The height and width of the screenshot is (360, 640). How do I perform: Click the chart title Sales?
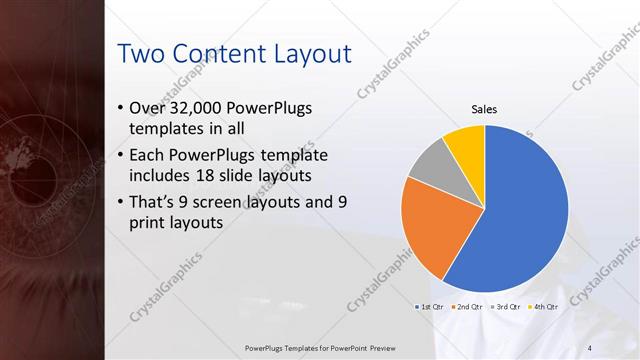pyautogui.click(x=485, y=109)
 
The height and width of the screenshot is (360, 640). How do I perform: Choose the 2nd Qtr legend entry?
pyautogui.click(x=467, y=306)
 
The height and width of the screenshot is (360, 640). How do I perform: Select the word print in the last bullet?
pyautogui.click(x=150, y=222)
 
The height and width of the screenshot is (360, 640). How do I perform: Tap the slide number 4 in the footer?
pyautogui.click(x=590, y=347)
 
